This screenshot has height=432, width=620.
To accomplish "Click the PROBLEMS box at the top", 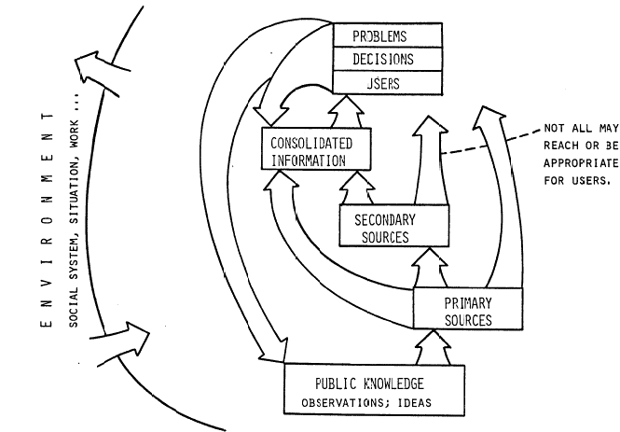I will [x=386, y=36].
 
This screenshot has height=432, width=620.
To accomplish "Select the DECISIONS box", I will [x=386, y=59].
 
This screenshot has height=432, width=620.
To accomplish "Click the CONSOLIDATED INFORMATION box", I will [x=316, y=150].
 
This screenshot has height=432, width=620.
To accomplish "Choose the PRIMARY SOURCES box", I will [x=466, y=311].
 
